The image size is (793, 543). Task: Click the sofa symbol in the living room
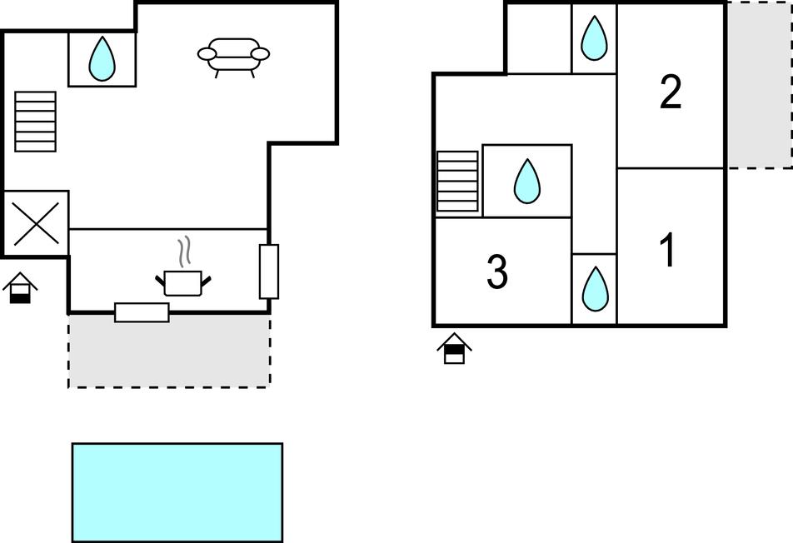(x=233, y=56)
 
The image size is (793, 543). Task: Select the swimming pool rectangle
(x=177, y=492)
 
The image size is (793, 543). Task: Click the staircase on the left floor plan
(x=35, y=122)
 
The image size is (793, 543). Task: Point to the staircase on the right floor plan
(x=457, y=181)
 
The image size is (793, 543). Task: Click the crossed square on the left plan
(x=36, y=224)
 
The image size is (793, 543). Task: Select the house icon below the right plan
(x=454, y=348)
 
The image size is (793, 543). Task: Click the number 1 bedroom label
(x=668, y=251)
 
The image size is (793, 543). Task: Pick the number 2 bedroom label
(x=671, y=92)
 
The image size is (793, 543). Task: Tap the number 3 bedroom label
(x=497, y=272)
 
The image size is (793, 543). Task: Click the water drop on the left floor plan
(x=102, y=58)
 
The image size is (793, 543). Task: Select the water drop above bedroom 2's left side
(x=594, y=38)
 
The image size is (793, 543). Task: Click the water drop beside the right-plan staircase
(x=526, y=182)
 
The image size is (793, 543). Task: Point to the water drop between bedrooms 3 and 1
(x=595, y=289)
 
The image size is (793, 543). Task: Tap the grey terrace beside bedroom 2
(x=759, y=84)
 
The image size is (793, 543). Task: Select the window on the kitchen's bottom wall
(x=142, y=312)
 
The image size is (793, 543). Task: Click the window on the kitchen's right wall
(x=269, y=271)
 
